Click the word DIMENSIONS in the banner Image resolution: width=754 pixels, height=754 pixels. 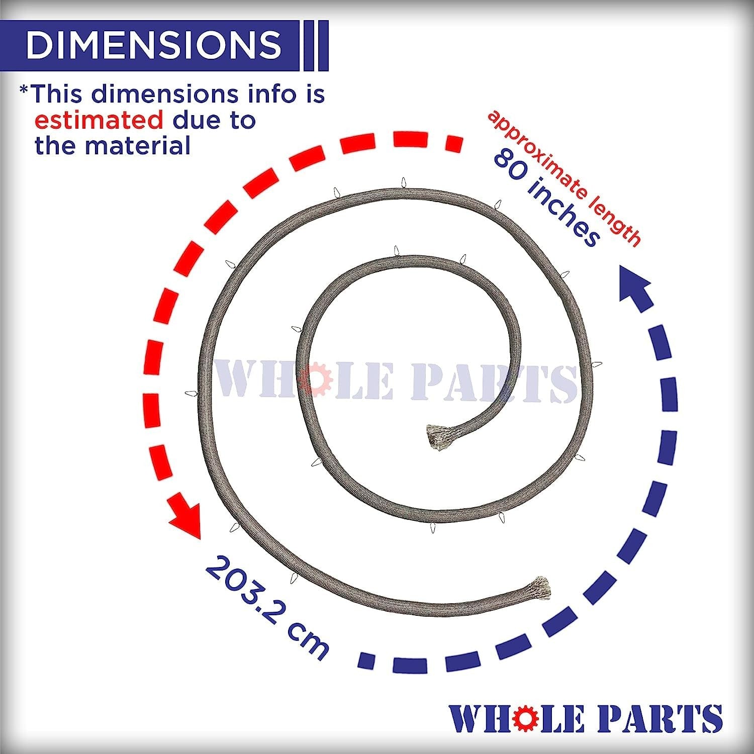point(154,44)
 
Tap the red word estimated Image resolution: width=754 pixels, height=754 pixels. point(99,120)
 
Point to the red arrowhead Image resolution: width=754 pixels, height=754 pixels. point(185,520)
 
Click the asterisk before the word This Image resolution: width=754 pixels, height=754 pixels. point(24,90)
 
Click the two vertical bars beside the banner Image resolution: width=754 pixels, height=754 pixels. point(316,45)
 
